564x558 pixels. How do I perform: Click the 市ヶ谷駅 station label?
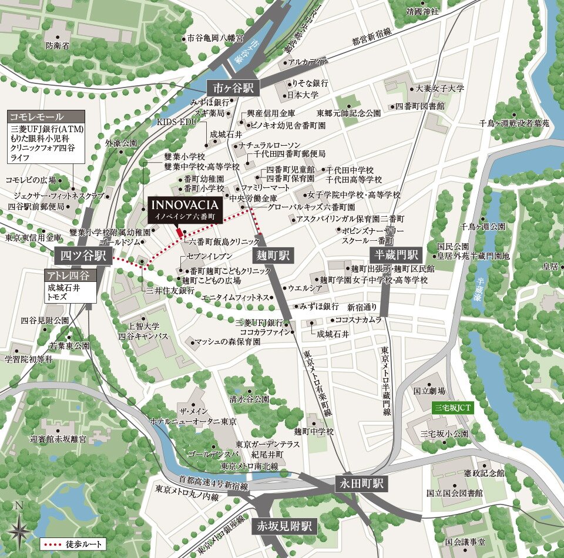click(233, 88)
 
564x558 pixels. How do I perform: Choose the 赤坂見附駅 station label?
click(284, 526)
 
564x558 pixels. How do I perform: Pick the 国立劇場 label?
click(429, 391)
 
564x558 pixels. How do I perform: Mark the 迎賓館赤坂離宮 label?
click(58, 439)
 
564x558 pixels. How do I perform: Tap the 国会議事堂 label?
click(465, 542)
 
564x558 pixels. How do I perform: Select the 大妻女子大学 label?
click(439, 89)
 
